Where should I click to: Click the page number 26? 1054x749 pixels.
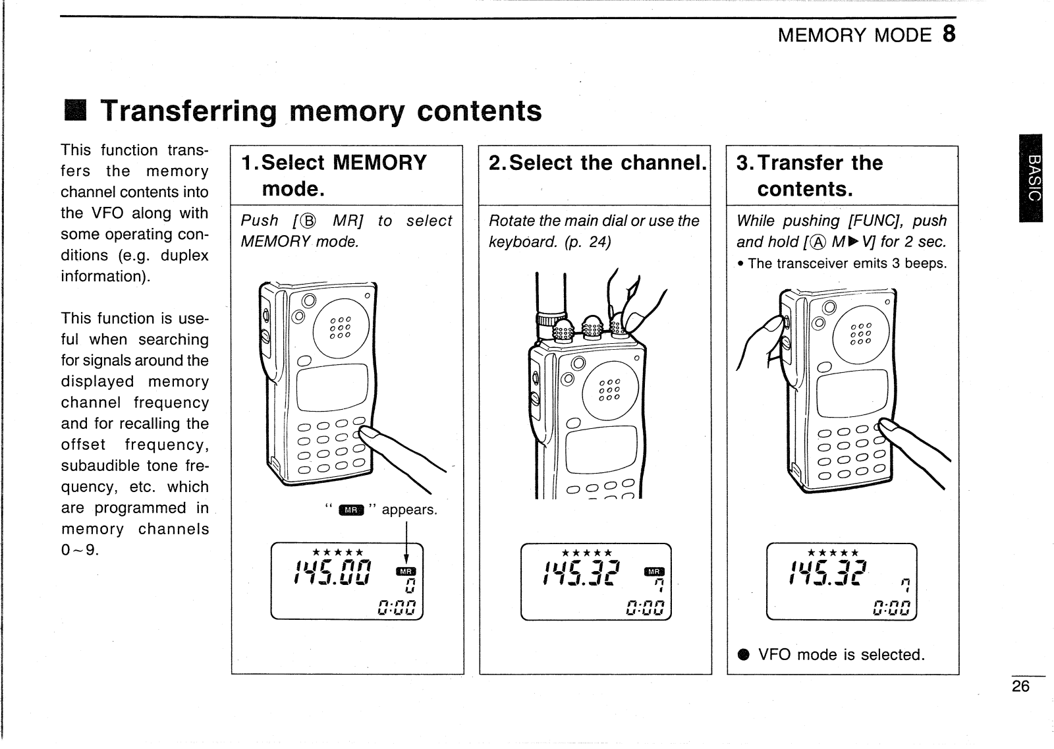point(1020,686)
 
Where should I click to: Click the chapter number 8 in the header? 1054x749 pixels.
point(949,34)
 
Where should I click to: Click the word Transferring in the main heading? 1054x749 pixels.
point(188,111)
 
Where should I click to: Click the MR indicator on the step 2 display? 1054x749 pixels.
point(654,571)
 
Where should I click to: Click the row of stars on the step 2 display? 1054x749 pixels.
point(586,553)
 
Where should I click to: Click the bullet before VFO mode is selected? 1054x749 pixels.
point(744,655)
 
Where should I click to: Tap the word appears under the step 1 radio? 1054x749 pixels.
point(409,510)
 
